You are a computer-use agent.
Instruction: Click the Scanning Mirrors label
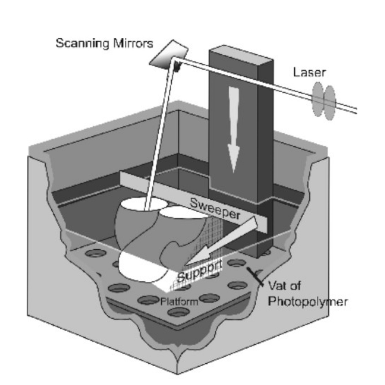click(104, 44)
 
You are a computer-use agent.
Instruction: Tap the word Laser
click(309, 72)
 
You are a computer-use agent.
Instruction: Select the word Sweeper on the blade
click(215, 208)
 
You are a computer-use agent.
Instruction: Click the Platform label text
click(179, 302)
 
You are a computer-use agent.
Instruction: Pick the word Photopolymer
click(308, 302)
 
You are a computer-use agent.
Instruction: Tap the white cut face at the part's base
click(139, 267)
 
